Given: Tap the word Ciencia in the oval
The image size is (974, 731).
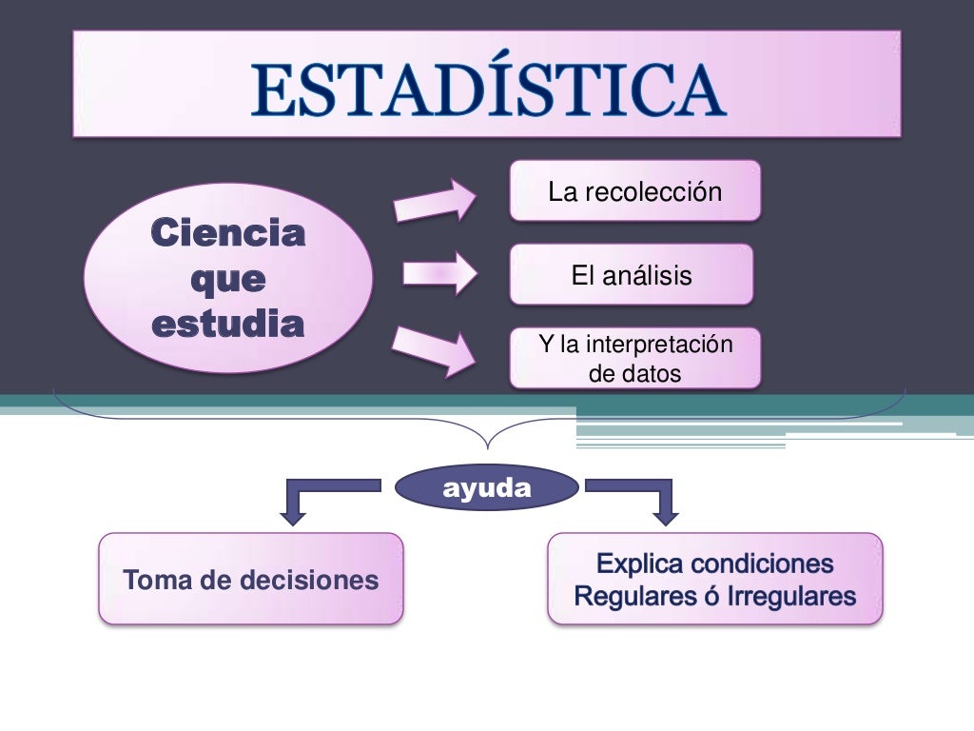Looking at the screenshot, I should click(228, 233).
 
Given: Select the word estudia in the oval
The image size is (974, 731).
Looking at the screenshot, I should click(228, 325).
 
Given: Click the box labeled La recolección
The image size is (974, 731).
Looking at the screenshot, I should click(635, 191).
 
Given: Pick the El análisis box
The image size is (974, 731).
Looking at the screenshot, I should click(632, 275).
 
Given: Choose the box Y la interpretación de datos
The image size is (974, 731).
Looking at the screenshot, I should click(635, 359).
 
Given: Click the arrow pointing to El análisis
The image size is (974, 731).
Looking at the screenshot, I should click(438, 274).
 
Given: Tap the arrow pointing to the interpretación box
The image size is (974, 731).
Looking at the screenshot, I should click(436, 348).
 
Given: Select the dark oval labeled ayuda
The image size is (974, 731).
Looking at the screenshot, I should click(486, 489).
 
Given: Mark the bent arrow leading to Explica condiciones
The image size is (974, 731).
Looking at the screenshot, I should click(647, 499).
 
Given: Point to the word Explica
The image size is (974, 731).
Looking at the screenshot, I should click(639, 564).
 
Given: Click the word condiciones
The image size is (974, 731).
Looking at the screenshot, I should click(762, 564).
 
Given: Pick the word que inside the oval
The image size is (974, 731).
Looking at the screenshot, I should click(228, 280).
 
